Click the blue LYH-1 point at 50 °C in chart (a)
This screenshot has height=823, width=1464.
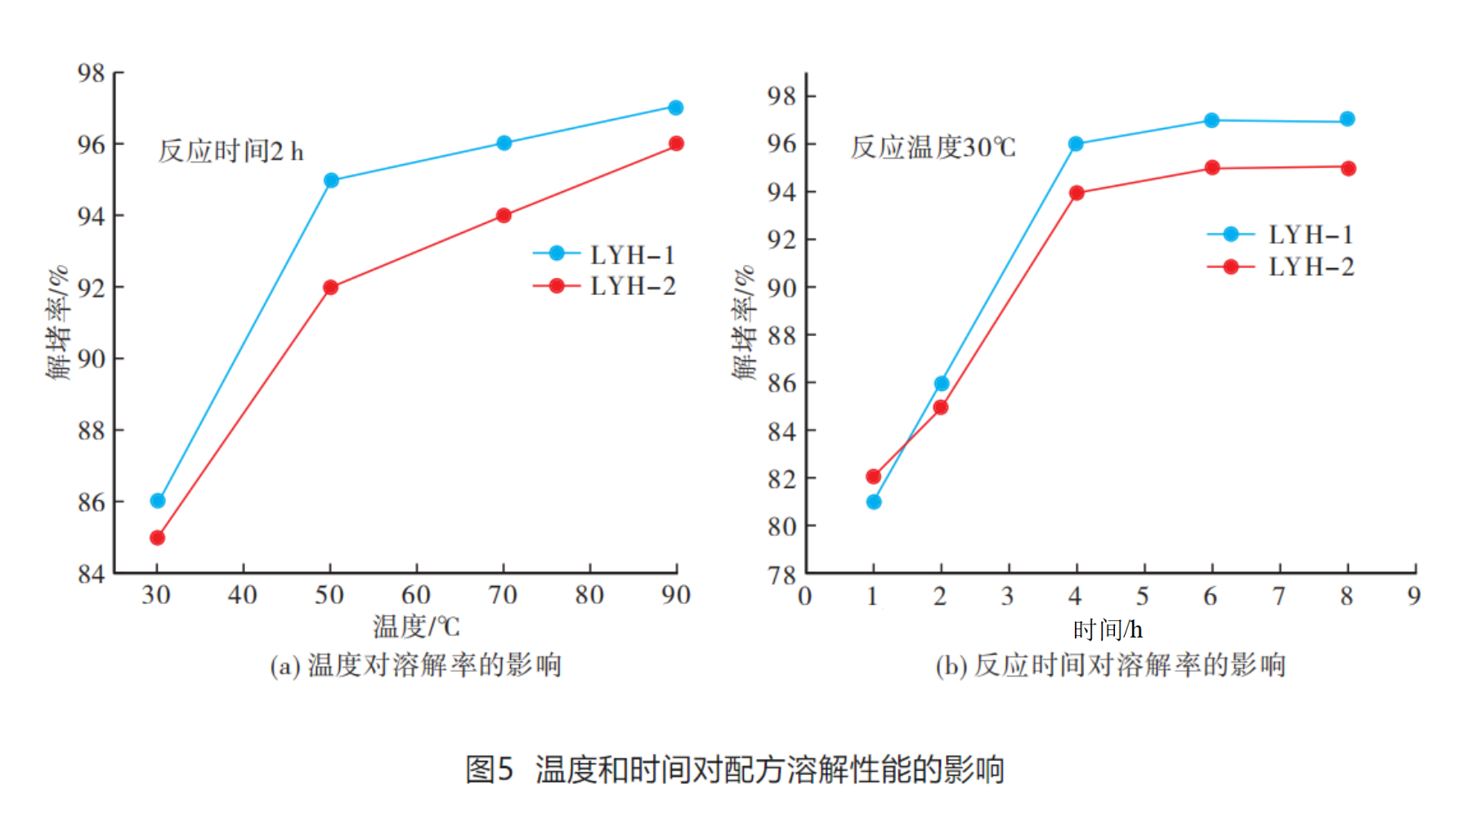coord(331,180)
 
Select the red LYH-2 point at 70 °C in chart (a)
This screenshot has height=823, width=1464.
coord(504,215)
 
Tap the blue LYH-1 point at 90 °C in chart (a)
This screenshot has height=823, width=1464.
coord(676,108)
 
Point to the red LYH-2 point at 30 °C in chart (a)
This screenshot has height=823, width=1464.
coord(158,538)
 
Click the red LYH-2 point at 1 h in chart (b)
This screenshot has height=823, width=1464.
coord(874,476)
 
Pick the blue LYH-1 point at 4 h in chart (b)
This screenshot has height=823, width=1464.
coord(1076,144)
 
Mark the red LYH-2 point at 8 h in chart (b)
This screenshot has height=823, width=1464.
coord(1348,168)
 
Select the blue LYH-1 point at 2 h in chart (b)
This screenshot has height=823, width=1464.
coord(942,383)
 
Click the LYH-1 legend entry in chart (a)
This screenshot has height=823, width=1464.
coord(605,254)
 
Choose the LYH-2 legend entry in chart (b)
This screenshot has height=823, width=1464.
coord(1281,266)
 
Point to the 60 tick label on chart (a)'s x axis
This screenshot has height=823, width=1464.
coord(416,595)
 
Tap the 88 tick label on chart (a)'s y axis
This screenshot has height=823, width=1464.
coord(92,430)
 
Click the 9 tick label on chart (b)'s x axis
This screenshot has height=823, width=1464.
coord(1414,596)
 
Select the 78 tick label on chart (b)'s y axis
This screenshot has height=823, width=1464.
coord(781,575)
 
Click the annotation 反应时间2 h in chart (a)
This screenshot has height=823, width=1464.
coord(231,151)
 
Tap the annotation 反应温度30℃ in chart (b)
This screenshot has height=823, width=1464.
coord(933,147)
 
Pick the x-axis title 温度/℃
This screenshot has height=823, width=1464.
coord(416,627)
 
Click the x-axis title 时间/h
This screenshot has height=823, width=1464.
coord(1108,629)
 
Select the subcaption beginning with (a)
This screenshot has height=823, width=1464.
coord(416,665)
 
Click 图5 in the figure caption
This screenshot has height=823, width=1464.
coord(489,769)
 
